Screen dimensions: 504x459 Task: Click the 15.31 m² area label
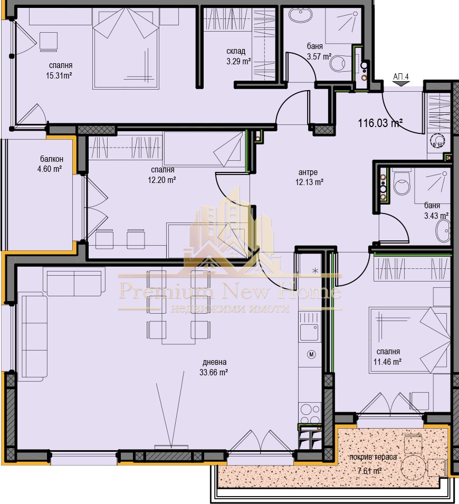59,75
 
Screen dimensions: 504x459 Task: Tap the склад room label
236,51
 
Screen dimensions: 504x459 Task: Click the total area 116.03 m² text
380,123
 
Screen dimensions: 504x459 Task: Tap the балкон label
51,159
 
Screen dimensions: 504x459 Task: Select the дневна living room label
214,362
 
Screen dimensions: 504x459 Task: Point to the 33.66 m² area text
214,372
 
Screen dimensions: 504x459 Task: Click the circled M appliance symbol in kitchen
311,355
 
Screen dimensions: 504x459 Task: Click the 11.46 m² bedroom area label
388,362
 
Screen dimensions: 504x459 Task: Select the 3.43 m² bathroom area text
436,216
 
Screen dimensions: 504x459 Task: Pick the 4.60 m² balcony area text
51,169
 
